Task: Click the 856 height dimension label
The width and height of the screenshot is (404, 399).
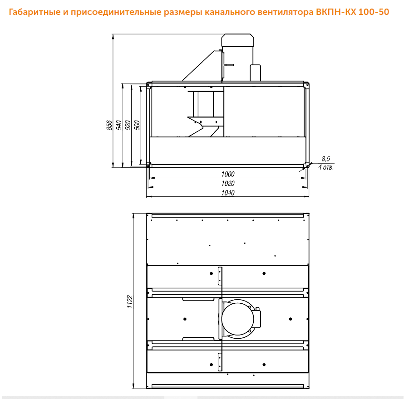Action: pos(109,125)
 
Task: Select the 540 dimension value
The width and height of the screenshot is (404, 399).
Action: pos(118,125)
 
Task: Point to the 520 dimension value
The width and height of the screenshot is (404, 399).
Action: pos(128,125)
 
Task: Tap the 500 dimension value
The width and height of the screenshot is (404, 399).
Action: pos(137,125)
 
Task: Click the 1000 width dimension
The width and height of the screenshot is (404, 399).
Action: pos(228,174)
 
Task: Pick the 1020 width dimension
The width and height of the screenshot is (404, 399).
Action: pos(228,184)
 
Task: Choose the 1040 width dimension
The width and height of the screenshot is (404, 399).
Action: pos(228,193)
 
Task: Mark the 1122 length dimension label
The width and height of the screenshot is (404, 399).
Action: pos(130,302)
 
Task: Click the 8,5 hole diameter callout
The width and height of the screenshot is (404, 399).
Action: pos(325,159)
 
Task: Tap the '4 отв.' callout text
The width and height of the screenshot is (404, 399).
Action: pos(326,167)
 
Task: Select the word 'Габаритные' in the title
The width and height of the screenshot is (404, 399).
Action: pos(34,12)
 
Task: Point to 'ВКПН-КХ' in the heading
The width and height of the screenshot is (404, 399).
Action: pos(336,12)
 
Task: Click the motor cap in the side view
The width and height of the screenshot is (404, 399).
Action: pos(237,40)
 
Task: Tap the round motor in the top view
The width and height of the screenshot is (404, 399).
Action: pos(237,319)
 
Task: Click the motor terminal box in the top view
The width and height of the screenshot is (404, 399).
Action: pos(257,319)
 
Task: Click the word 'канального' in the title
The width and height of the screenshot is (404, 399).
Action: pos(230,12)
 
